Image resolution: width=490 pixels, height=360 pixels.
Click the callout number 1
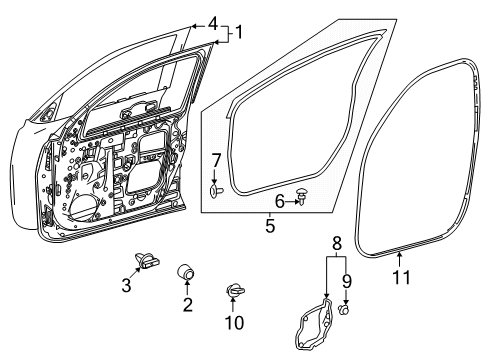coord(238,33)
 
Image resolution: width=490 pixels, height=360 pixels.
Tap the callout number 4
coord(212,23)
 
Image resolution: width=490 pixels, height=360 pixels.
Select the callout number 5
coord(270,227)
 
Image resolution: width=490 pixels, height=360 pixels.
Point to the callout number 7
coord(216,160)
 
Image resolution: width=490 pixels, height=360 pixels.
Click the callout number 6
coord(280,202)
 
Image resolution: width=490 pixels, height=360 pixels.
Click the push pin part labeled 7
coord(216,186)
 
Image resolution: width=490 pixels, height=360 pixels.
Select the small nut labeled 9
coord(345,309)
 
